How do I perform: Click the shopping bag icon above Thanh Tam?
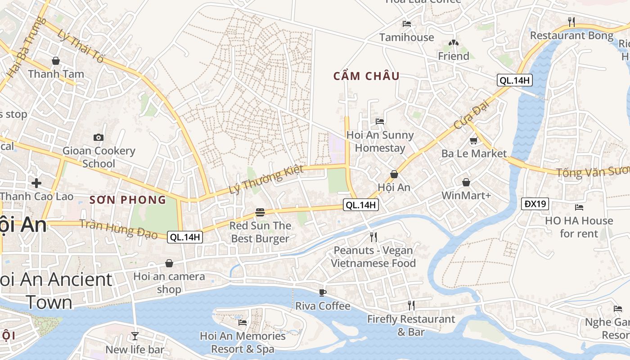pos(56,60)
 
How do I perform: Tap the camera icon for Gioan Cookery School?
pos(98,137)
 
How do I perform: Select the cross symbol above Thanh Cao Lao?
pos(36,183)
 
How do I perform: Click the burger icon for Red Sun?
pos(260,212)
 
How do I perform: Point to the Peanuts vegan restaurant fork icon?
pos(373,237)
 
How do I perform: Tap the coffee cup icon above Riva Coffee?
pos(322,292)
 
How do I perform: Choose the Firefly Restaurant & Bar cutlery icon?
pos(411,306)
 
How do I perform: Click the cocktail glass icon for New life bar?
pos(135,336)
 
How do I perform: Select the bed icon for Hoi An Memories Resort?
pos(243,322)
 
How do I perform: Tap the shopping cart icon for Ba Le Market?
pos(473,140)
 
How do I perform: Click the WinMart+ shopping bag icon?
pos(466,182)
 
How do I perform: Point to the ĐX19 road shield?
pos(535,204)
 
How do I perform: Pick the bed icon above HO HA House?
pos(579,207)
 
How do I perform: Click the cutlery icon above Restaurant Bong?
pos(571,22)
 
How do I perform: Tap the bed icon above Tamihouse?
pos(407,24)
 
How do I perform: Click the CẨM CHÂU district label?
pos(366,76)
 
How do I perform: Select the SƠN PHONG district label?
pos(128,200)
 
